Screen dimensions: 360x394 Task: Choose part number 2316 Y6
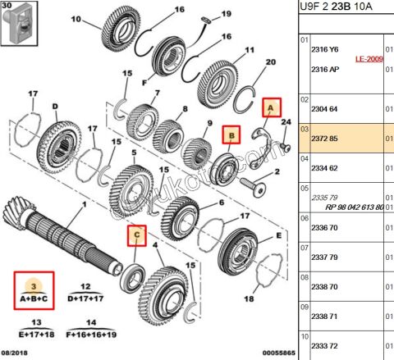coord(326,49)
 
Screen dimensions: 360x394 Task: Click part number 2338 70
coord(326,288)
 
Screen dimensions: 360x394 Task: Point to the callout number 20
coord(270,62)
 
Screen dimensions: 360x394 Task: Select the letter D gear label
coord(54,106)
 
